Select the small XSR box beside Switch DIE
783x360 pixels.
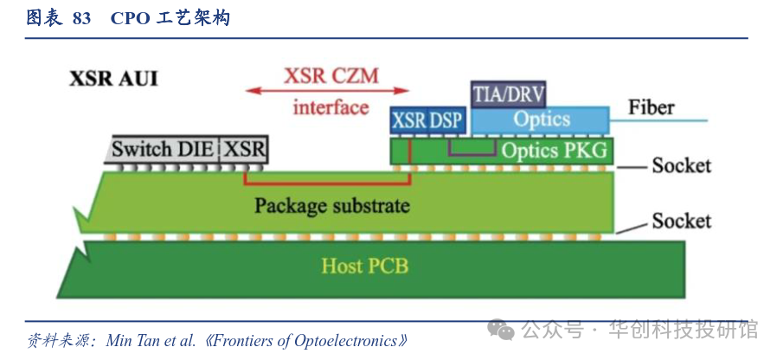(x=246, y=149)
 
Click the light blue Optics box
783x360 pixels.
(x=541, y=119)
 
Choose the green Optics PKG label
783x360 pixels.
(x=554, y=151)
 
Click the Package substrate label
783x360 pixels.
(x=331, y=206)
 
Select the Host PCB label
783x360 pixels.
(x=364, y=265)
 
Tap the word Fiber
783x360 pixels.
(x=651, y=108)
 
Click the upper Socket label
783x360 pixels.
(x=681, y=164)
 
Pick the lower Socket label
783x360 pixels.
(x=681, y=221)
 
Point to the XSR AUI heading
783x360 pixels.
(x=113, y=79)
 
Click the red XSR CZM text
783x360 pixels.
(x=331, y=74)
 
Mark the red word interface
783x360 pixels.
(x=331, y=107)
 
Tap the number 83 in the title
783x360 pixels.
(x=81, y=18)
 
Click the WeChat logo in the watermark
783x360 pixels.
(x=500, y=330)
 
